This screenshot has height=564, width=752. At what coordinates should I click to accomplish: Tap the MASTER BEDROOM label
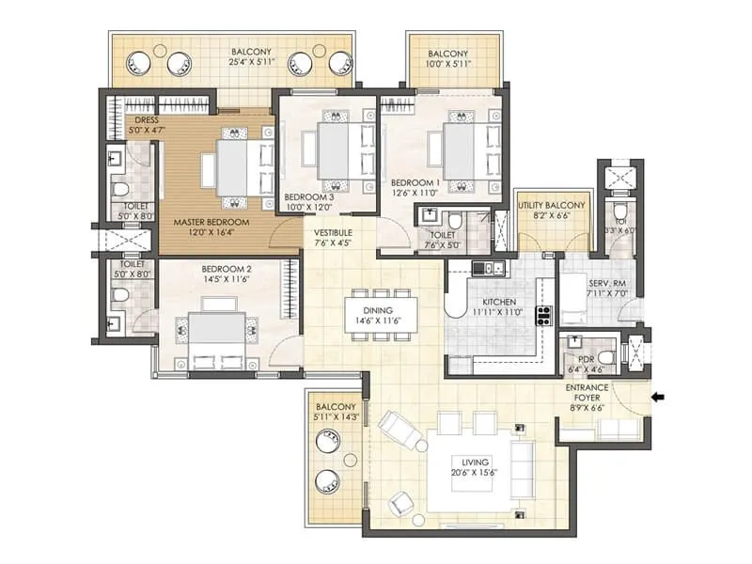211,223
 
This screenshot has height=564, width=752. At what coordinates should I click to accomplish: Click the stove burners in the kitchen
542,316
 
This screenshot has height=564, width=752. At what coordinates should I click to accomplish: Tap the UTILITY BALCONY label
552,205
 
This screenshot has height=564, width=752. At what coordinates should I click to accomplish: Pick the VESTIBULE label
332,231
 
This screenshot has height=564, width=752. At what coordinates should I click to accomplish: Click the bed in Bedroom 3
334,150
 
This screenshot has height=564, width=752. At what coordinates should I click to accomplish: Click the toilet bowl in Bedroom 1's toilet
456,222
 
